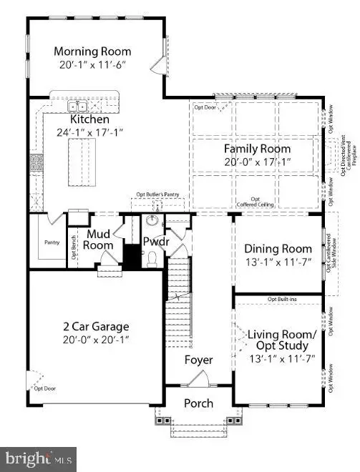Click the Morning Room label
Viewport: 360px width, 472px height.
[x=93, y=51]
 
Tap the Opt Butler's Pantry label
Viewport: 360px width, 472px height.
[x=158, y=195]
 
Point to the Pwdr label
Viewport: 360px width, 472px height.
[x=155, y=241]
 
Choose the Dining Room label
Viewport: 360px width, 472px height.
[x=278, y=249]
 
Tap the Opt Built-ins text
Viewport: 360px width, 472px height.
[x=281, y=298]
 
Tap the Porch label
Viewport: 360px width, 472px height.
[x=198, y=403]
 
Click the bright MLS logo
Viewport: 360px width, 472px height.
[x=39, y=457]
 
